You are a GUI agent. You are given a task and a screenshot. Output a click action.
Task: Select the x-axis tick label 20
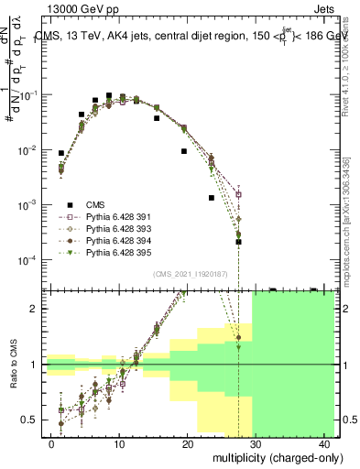(188, 444)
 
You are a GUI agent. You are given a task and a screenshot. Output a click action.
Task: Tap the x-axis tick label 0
(51, 444)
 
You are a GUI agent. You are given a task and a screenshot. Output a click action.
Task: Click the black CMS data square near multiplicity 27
(238, 242)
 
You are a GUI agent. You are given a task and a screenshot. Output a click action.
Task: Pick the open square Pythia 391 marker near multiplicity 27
(238, 194)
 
